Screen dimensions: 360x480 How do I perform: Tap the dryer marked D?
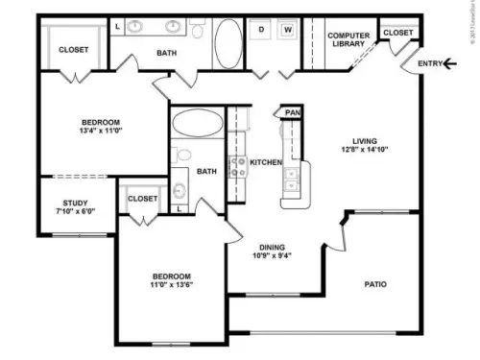[x=261, y=30]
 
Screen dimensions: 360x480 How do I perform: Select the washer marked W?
[x=288, y=30]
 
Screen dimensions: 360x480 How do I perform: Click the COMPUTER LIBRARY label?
[x=348, y=39]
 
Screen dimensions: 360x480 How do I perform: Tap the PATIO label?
[x=374, y=284]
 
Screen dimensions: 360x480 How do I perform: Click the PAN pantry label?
[x=293, y=112]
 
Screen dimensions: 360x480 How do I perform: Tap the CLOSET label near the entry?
[x=397, y=33]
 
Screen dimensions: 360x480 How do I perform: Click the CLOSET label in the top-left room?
[x=73, y=50]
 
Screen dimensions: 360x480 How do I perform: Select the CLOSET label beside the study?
[x=142, y=199]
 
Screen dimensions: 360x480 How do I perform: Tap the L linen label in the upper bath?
[x=117, y=27]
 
